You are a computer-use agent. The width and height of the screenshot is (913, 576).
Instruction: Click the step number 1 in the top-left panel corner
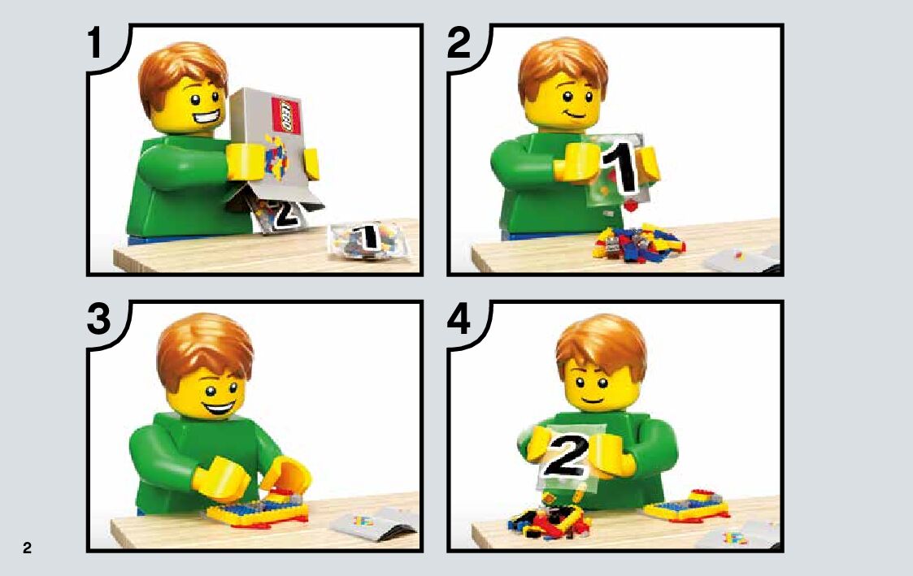click(x=95, y=43)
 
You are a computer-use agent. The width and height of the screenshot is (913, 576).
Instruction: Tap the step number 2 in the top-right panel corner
click(x=459, y=43)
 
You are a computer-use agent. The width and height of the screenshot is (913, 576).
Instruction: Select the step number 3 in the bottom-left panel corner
click(x=99, y=319)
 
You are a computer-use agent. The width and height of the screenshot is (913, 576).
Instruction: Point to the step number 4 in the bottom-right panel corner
click(x=459, y=319)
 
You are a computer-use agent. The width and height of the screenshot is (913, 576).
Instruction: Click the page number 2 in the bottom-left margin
click(x=27, y=548)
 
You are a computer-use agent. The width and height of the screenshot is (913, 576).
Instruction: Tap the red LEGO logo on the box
click(x=285, y=116)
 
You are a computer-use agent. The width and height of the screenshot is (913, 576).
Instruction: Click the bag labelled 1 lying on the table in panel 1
click(x=369, y=239)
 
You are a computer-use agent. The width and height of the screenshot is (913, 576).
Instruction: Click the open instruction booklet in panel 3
click(x=375, y=522)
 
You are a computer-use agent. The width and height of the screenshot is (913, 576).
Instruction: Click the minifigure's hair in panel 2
click(x=563, y=69)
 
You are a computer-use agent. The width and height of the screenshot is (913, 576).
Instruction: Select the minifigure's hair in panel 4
click(x=601, y=346)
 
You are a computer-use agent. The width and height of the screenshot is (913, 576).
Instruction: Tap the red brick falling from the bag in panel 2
click(x=631, y=206)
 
